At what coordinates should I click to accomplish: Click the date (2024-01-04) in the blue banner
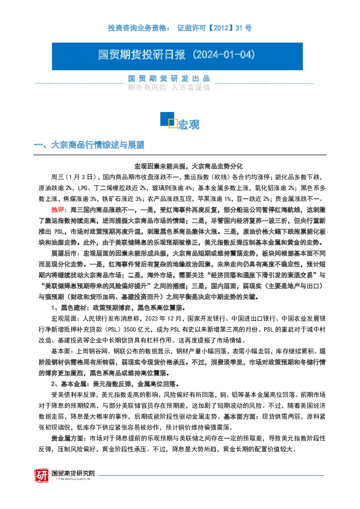(224, 55)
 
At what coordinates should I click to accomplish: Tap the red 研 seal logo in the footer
(42, 475)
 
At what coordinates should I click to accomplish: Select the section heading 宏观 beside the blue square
(188, 124)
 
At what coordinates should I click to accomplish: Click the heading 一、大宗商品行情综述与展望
(89, 145)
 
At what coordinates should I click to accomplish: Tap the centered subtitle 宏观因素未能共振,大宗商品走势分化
(188, 166)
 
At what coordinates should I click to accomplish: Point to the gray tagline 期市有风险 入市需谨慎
(169, 87)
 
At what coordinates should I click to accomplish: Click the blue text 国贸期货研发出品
(169, 78)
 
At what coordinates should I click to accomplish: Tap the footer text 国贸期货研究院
(73, 473)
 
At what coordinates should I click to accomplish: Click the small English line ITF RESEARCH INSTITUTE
(73, 479)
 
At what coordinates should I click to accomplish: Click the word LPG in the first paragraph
(82, 188)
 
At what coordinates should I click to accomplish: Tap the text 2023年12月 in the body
(163, 319)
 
